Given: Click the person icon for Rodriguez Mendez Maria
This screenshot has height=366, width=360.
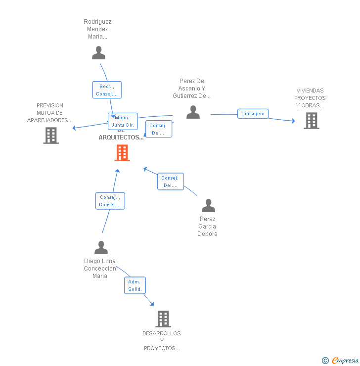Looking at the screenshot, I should pos(99,52).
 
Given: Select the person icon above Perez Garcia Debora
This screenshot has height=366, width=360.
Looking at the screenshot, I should pos(208,205).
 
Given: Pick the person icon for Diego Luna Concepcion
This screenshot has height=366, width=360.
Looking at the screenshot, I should pos(101,247).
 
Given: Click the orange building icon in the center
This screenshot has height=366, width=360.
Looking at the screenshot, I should pos(122,153).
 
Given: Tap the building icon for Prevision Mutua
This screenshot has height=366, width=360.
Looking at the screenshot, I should pos(51,136).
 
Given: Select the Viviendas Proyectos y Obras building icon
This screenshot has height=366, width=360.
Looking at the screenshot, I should pos(311,121).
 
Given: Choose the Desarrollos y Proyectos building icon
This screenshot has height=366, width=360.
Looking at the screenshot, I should pos(163,319).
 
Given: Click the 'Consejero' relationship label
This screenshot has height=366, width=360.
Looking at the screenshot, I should pos(253,114).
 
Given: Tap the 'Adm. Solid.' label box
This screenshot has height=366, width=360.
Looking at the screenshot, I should pos(135,285).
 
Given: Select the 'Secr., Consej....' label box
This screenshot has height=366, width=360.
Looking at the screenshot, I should pos(107,90).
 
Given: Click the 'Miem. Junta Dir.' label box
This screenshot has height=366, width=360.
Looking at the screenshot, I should pos(123,121).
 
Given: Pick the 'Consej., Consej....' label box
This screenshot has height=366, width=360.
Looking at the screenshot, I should pos(110,201).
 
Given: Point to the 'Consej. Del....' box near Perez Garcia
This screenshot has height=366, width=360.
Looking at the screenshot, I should pos(171,182).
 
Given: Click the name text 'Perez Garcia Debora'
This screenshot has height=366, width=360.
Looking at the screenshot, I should pos(208,227).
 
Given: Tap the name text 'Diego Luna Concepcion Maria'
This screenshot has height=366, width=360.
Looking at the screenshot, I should pos(100,269).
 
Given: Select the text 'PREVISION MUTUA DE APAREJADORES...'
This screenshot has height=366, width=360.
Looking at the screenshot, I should pos(50,113).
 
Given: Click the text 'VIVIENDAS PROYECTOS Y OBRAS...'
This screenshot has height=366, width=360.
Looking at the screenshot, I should pos(310,98).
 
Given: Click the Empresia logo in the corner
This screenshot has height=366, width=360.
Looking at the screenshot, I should pos(341,360).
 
